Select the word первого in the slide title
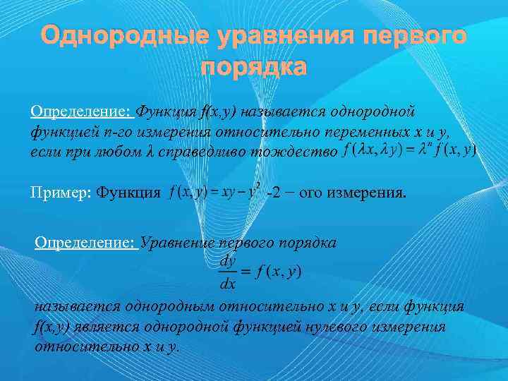coord(396,36)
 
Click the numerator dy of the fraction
coord(228,260)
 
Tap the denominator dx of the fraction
coord(228,284)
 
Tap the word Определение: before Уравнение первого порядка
coord(87,243)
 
